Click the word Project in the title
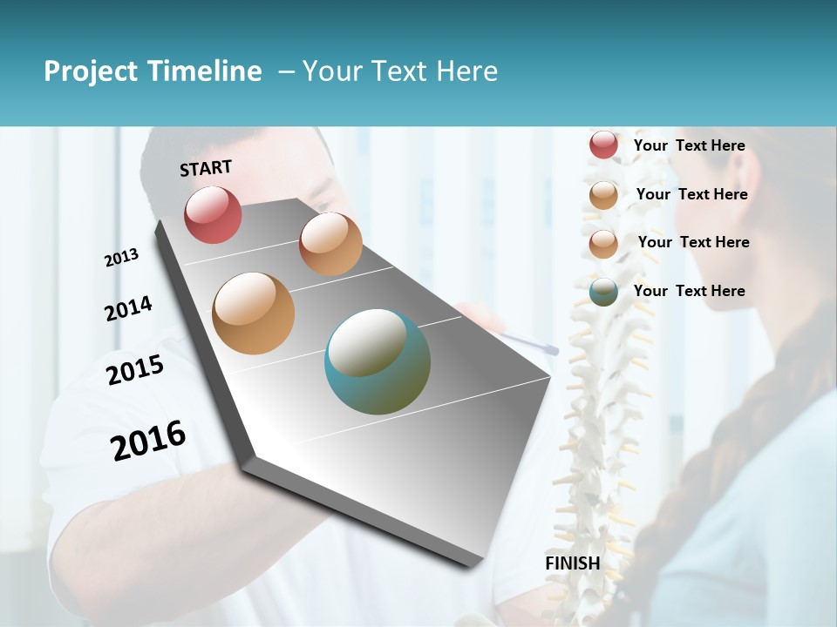pyautogui.click(x=91, y=71)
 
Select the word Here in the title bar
pyautogui.click(x=466, y=71)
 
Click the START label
pyautogui.click(x=206, y=168)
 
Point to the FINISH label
pyautogui.click(x=573, y=563)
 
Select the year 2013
pyautogui.click(x=121, y=258)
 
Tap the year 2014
pyautogui.click(x=128, y=309)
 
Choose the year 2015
pyautogui.click(x=135, y=370)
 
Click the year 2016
pyautogui.click(x=148, y=441)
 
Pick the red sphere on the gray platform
pyautogui.click(x=213, y=215)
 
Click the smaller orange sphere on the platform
pyautogui.click(x=330, y=244)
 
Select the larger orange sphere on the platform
pyautogui.click(x=253, y=313)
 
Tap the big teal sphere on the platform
pyautogui.click(x=377, y=361)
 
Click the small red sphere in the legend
pyautogui.click(x=603, y=145)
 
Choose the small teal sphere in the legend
pyautogui.click(x=603, y=292)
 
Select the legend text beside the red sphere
pyautogui.click(x=689, y=145)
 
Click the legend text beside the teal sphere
pyautogui.click(x=689, y=291)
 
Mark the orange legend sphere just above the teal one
pyautogui.click(x=603, y=244)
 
